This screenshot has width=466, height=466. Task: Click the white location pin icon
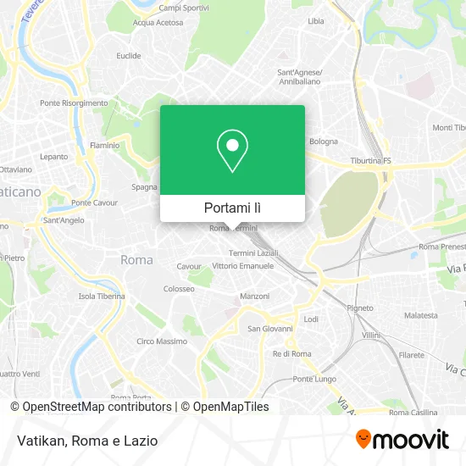(232, 151)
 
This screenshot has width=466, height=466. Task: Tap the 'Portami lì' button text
(232, 208)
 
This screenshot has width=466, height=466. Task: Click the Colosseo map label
(179, 288)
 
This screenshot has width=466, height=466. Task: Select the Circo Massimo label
(162, 341)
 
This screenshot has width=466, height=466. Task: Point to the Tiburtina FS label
(371, 161)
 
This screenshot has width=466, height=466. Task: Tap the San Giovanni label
(269, 329)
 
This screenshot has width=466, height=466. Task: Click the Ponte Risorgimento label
(74, 103)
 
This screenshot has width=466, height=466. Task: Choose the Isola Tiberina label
(102, 297)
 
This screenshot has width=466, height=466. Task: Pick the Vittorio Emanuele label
(243, 266)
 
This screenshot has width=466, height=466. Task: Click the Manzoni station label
(256, 297)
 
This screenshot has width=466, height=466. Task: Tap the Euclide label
(129, 56)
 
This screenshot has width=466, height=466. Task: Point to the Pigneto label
(360, 308)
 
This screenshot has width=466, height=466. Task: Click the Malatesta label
(421, 315)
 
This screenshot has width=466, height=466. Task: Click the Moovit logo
(402, 439)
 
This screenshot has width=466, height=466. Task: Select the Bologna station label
(324, 141)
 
